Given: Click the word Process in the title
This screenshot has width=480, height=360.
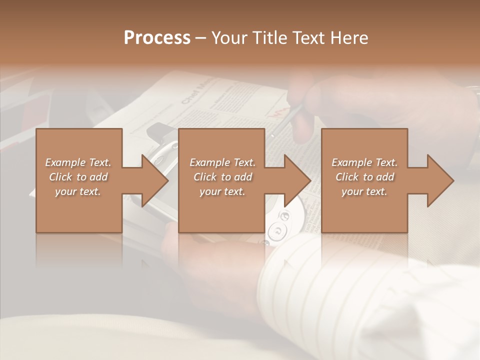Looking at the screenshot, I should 157,38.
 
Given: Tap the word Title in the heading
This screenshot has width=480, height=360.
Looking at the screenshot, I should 267,38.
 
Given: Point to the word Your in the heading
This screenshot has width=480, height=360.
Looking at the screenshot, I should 229,38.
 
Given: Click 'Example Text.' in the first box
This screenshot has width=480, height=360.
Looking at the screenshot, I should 78,162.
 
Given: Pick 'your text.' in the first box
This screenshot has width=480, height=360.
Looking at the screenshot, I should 78,191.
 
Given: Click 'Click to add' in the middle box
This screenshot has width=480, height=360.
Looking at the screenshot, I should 222,177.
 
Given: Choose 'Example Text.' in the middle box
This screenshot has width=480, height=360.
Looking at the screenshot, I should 222,162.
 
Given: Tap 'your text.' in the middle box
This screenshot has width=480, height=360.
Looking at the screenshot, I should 222,191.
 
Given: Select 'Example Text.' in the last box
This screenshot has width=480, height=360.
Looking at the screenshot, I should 364,162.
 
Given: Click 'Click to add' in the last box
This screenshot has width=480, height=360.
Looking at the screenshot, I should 364,177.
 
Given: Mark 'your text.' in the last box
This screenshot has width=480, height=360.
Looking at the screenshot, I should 364,191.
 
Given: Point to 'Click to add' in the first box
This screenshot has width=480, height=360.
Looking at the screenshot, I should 78,177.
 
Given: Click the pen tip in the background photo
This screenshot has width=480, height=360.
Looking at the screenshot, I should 272,135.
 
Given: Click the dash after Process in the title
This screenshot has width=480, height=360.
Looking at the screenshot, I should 201,38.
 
